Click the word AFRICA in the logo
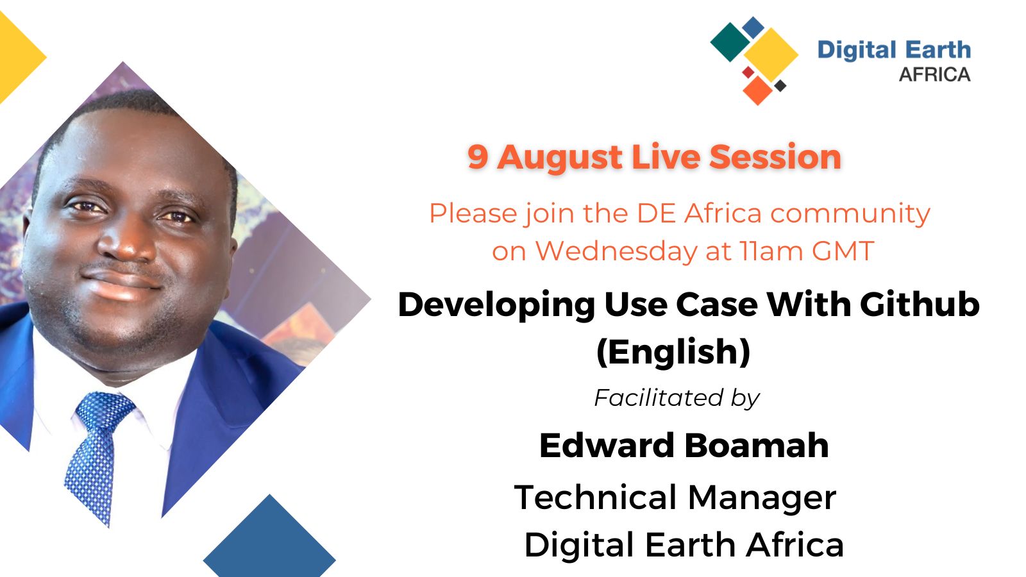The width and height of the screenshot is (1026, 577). coord(934,74)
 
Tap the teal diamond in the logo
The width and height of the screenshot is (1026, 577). coord(730,42)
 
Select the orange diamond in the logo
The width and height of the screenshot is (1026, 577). coord(757,90)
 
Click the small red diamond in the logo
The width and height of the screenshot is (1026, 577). coord(748,72)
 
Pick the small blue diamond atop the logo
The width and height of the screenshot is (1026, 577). coord(753,27)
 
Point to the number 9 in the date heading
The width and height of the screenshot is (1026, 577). coord(477,157)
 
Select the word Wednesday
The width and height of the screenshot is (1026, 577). coord(616,251)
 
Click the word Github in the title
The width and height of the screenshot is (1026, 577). coord(920,305)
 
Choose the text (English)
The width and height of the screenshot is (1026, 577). coord(673,352)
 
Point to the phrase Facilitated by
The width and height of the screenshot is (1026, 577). coord(677,398)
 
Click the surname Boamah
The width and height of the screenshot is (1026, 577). coord(756,446)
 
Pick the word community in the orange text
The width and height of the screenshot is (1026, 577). coord(850,214)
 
